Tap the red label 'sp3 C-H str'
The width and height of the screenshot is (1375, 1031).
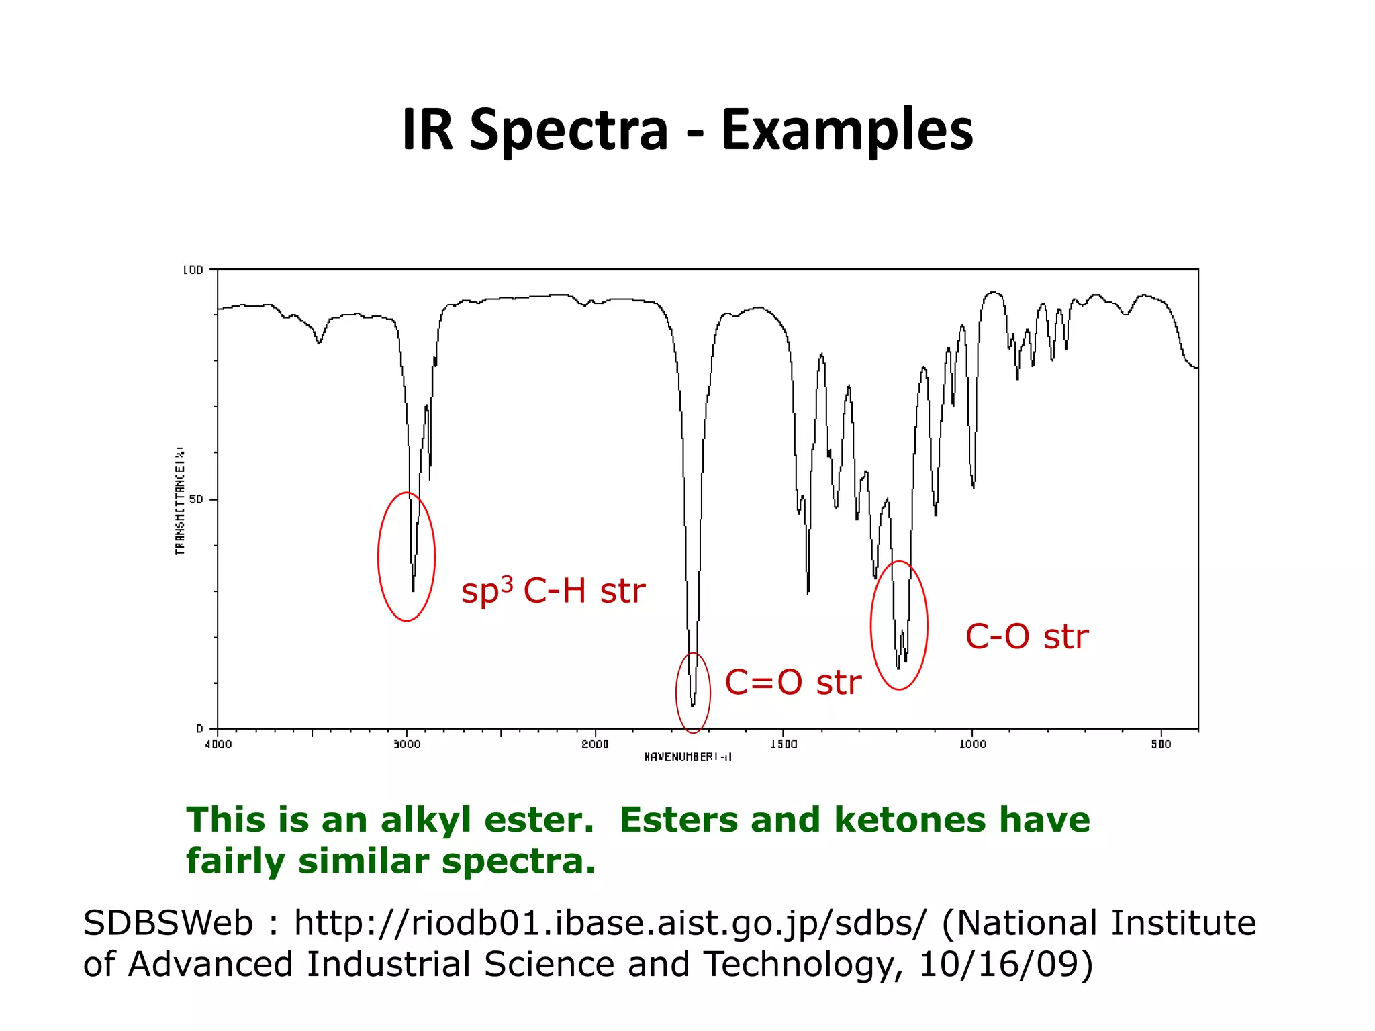[x=553, y=591]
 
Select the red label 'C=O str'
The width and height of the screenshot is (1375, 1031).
[x=793, y=683]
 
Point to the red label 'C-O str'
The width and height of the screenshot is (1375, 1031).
[x=1027, y=637]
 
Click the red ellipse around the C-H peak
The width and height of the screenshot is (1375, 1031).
[x=379, y=557]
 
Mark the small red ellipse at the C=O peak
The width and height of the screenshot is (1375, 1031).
[x=677, y=693]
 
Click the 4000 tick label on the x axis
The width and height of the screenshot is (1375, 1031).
[x=218, y=744]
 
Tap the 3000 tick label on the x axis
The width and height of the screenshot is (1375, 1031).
[x=406, y=744]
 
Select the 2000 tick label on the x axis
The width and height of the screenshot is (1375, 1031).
[x=595, y=744]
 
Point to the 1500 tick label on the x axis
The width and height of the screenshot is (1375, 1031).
[x=784, y=744]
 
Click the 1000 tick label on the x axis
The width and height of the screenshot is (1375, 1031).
[x=972, y=744]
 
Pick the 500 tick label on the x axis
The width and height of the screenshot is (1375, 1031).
[x=1161, y=744]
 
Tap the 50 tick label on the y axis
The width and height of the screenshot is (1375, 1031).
[x=195, y=499]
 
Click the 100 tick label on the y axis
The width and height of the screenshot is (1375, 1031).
[x=193, y=270]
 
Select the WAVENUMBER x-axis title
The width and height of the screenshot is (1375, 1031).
[x=687, y=757]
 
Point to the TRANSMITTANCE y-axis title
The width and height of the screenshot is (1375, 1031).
[x=180, y=499]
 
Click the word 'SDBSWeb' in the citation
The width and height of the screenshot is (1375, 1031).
[x=168, y=924]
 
